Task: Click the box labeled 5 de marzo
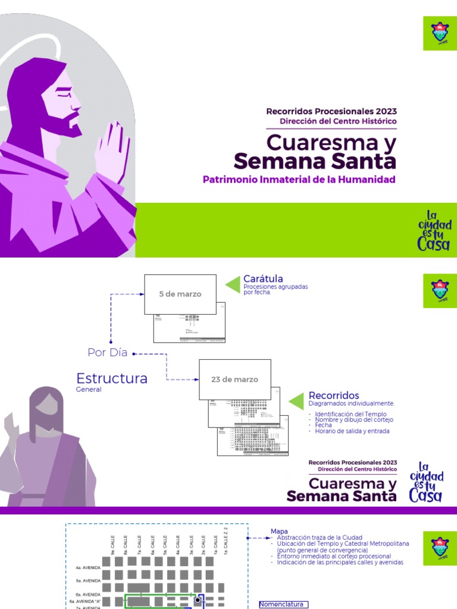[180, 294]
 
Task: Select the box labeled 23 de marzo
[234, 379]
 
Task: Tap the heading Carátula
[263, 279]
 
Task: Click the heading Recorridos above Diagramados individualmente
[334, 395]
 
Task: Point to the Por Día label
[108, 353]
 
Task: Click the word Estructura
[112, 379]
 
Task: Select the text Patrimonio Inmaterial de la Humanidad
[299, 179]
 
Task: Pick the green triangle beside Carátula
[232, 285]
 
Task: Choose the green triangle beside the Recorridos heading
[296, 400]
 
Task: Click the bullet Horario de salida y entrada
[352, 431]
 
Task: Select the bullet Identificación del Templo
[350, 414]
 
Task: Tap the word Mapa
[279, 531]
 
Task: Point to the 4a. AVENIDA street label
[84, 568]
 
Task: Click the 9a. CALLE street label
[112, 541]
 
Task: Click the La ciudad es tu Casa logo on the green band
[434, 230]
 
